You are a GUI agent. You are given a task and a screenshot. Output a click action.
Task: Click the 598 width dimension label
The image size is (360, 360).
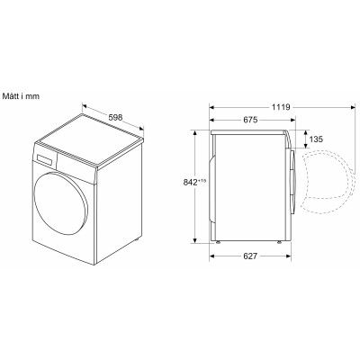coord(115,117)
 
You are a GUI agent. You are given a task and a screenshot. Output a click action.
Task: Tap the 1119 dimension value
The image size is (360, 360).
coord(281,107)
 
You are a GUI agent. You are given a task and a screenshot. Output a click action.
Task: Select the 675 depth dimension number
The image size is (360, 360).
coord(250,120)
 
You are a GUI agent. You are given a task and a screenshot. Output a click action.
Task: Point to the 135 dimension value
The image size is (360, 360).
coord(316,139)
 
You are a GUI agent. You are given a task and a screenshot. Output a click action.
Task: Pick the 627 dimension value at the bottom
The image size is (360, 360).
coord(250,256)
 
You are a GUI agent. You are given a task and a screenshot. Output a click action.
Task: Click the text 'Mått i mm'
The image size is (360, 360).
coord(21,96)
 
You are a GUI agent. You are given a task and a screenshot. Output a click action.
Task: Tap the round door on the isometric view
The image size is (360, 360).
coord(61,204)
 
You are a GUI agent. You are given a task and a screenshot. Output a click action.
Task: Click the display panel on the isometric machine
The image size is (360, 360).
coord(46,159)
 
